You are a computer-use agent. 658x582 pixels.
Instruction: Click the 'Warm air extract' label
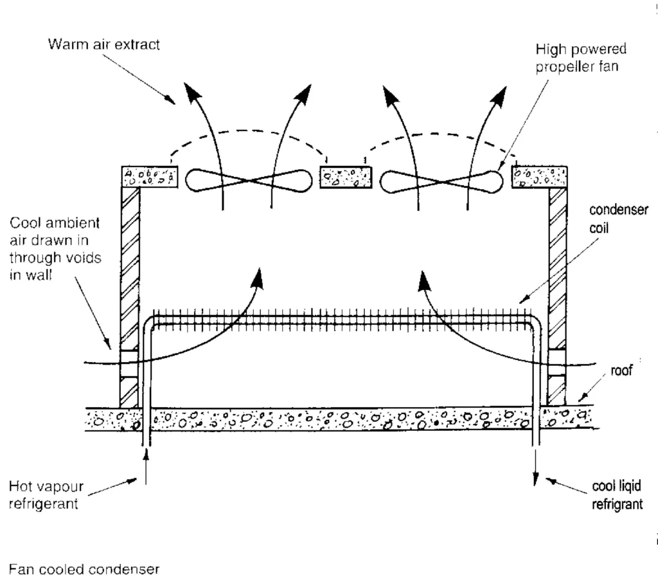(x=104, y=46)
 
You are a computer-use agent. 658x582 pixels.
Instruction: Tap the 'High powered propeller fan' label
(x=580, y=58)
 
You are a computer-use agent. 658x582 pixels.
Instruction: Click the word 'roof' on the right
(x=621, y=370)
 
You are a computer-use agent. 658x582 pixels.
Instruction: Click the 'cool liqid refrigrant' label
(x=616, y=496)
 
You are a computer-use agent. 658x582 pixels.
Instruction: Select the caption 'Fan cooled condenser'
(x=84, y=568)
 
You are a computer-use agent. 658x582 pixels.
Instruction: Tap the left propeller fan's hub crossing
(x=246, y=181)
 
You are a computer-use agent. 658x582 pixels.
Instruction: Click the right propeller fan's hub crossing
(x=441, y=181)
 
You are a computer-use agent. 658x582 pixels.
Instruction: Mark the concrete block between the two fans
(x=345, y=177)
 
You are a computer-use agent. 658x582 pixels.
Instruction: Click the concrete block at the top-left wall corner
(x=149, y=177)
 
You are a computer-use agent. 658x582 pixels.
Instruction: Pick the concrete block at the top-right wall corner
(x=538, y=177)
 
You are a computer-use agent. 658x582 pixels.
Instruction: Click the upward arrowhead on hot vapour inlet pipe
(x=147, y=454)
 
